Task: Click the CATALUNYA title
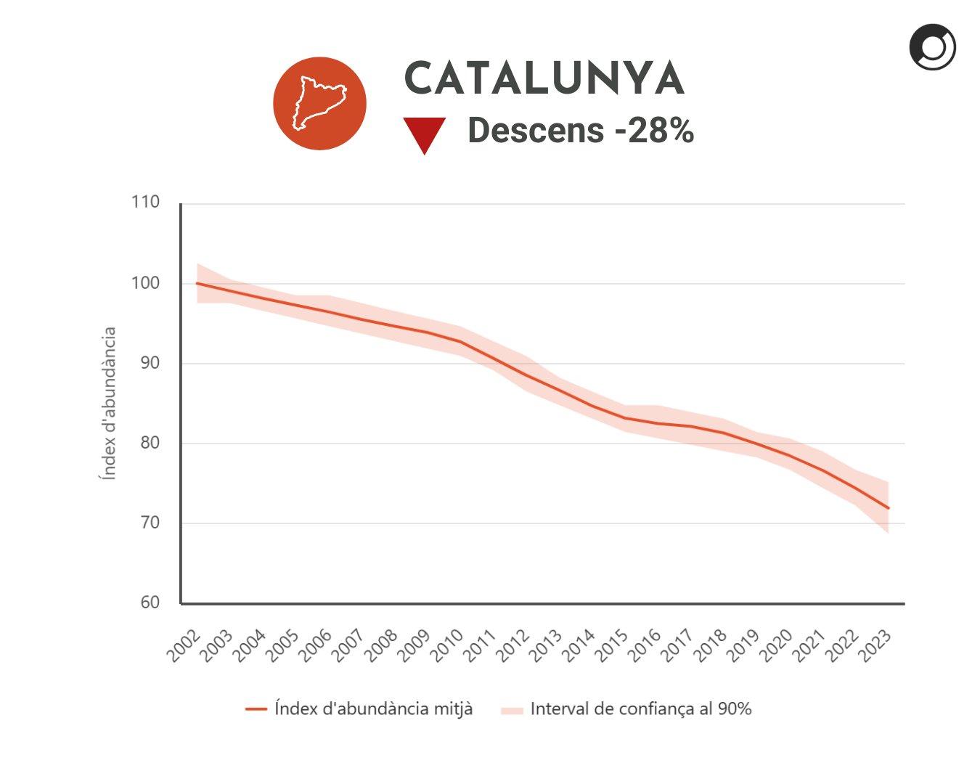click(x=544, y=78)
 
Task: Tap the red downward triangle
click(x=424, y=134)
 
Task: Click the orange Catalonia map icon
click(x=319, y=104)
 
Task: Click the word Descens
click(x=536, y=131)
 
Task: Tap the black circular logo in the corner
click(x=932, y=47)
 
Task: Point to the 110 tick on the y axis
click(x=145, y=202)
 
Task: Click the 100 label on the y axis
click(x=145, y=282)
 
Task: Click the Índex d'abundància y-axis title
click(x=108, y=403)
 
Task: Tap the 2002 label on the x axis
click(x=184, y=645)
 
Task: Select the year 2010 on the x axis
click(x=447, y=645)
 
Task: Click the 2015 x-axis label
click(x=612, y=645)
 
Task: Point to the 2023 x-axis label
click(x=875, y=645)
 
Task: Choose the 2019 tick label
click(x=743, y=645)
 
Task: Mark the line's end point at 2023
click(x=888, y=508)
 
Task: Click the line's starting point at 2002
click(x=197, y=283)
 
